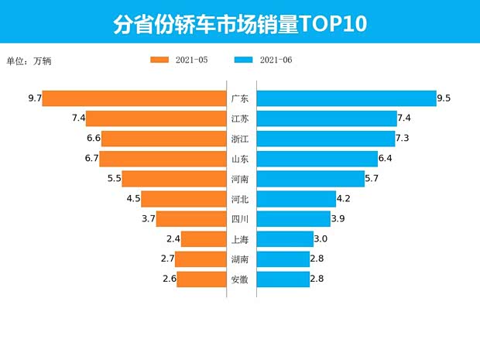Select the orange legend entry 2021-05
click(x=179, y=60)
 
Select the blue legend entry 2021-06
click(x=262, y=60)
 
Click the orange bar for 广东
click(x=134, y=98)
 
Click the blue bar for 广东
click(x=346, y=98)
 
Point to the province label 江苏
click(x=240, y=118)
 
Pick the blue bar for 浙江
click(x=325, y=139)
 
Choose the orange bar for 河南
click(x=175, y=179)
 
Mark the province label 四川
click(x=240, y=219)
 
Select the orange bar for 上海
click(x=204, y=239)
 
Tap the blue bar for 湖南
click(x=283, y=259)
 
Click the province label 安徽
click(x=240, y=279)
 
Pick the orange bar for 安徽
click(x=201, y=279)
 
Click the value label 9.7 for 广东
click(x=33, y=98)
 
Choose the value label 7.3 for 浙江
click(x=402, y=139)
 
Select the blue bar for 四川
click(x=293, y=219)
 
